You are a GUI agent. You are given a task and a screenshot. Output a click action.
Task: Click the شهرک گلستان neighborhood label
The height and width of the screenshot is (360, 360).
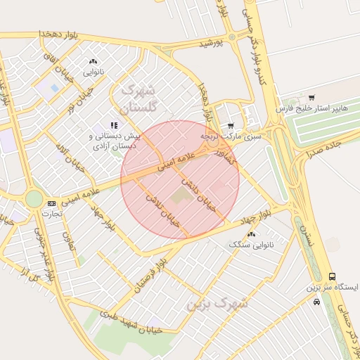[141, 98]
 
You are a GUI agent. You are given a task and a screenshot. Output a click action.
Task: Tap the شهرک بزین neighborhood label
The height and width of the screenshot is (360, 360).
[218, 304]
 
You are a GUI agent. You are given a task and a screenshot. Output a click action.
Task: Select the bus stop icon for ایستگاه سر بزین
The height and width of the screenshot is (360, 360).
[332, 277]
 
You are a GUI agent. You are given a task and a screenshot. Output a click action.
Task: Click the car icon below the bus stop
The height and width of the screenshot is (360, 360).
[317, 302]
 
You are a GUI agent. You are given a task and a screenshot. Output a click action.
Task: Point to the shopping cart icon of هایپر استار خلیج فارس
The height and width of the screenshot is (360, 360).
[311, 98]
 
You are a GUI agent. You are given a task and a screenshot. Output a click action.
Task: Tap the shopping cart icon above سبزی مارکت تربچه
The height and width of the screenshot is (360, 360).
[231, 126]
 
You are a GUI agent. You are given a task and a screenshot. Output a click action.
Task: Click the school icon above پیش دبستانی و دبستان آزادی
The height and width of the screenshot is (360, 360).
[114, 124]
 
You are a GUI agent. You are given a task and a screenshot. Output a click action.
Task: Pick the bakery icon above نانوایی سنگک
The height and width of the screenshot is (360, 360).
[251, 233]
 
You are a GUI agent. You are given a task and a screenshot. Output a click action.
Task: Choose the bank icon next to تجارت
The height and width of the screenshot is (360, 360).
[51, 203]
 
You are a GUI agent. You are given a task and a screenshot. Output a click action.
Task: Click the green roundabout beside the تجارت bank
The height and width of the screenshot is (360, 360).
[34, 199]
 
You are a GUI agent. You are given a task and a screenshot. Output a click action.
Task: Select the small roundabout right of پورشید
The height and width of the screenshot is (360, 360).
[231, 37]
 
